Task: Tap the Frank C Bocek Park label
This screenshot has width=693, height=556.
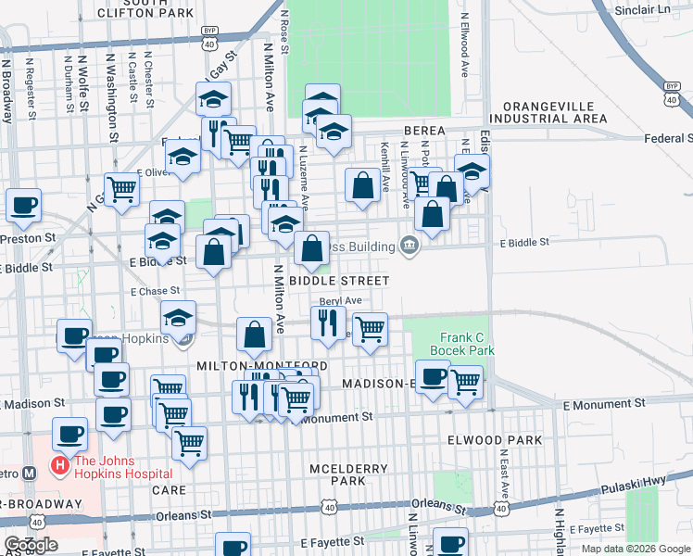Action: click(461, 344)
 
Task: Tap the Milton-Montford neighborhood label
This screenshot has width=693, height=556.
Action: click(261, 367)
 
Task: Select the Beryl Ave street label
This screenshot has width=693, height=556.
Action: click(340, 300)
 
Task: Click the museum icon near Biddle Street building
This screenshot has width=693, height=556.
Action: click(409, 245)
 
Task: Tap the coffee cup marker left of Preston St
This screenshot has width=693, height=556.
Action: click(23, 205)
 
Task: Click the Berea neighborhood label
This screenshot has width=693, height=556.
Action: click(424, 131)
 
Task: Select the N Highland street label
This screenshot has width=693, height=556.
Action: click(559, 528)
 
